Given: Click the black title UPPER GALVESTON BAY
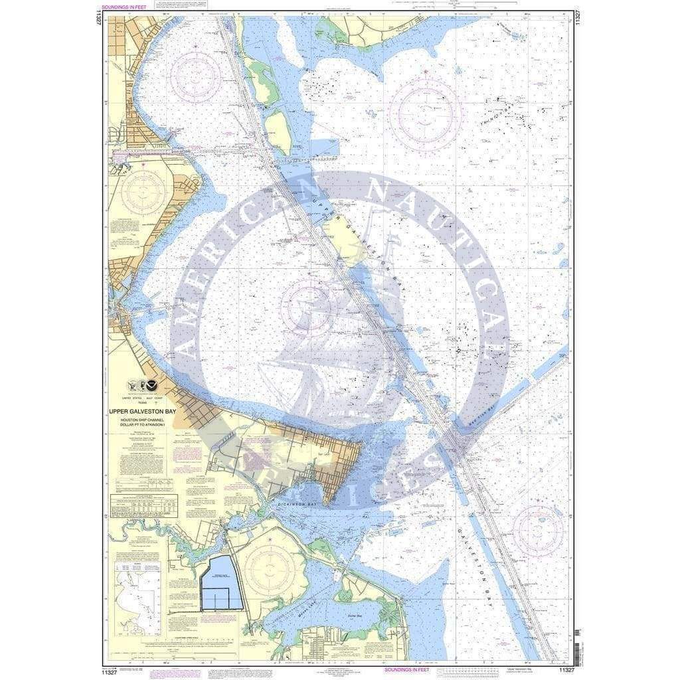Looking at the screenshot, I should pyautogui.click(x=143, y=412).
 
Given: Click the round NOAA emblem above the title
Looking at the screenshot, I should pyautogui.click(x=153, y=384).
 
